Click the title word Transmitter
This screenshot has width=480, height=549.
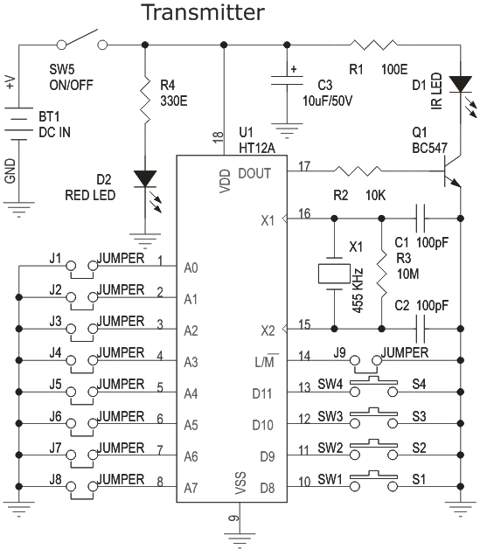pos(202,13)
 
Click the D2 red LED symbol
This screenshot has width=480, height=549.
pos(144,179)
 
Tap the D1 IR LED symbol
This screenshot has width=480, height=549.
pos(459,86)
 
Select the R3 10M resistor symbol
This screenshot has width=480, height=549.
pos(381,274)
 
